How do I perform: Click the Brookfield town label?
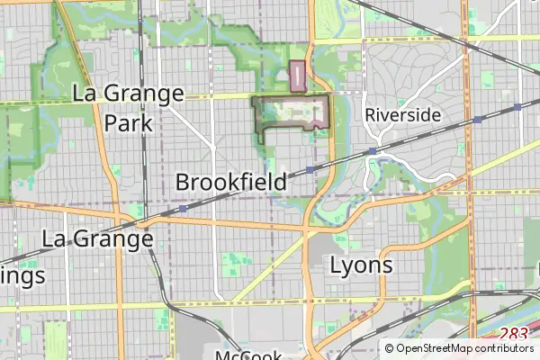(231, 182)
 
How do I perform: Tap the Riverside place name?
(402, 115)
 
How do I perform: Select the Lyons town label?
(361, 265)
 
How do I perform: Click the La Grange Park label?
(128, 108)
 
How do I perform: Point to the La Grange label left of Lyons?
(97, 239)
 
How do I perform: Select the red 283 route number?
(513, 334)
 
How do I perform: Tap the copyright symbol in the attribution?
(389, 348)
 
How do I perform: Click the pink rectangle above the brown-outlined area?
(298, 76)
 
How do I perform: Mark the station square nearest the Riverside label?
(372, 150)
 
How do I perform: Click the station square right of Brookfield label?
(310, 169)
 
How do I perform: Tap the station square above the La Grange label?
(183, 209)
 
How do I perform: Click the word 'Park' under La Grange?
(128, 122)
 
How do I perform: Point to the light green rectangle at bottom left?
(56, 342)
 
